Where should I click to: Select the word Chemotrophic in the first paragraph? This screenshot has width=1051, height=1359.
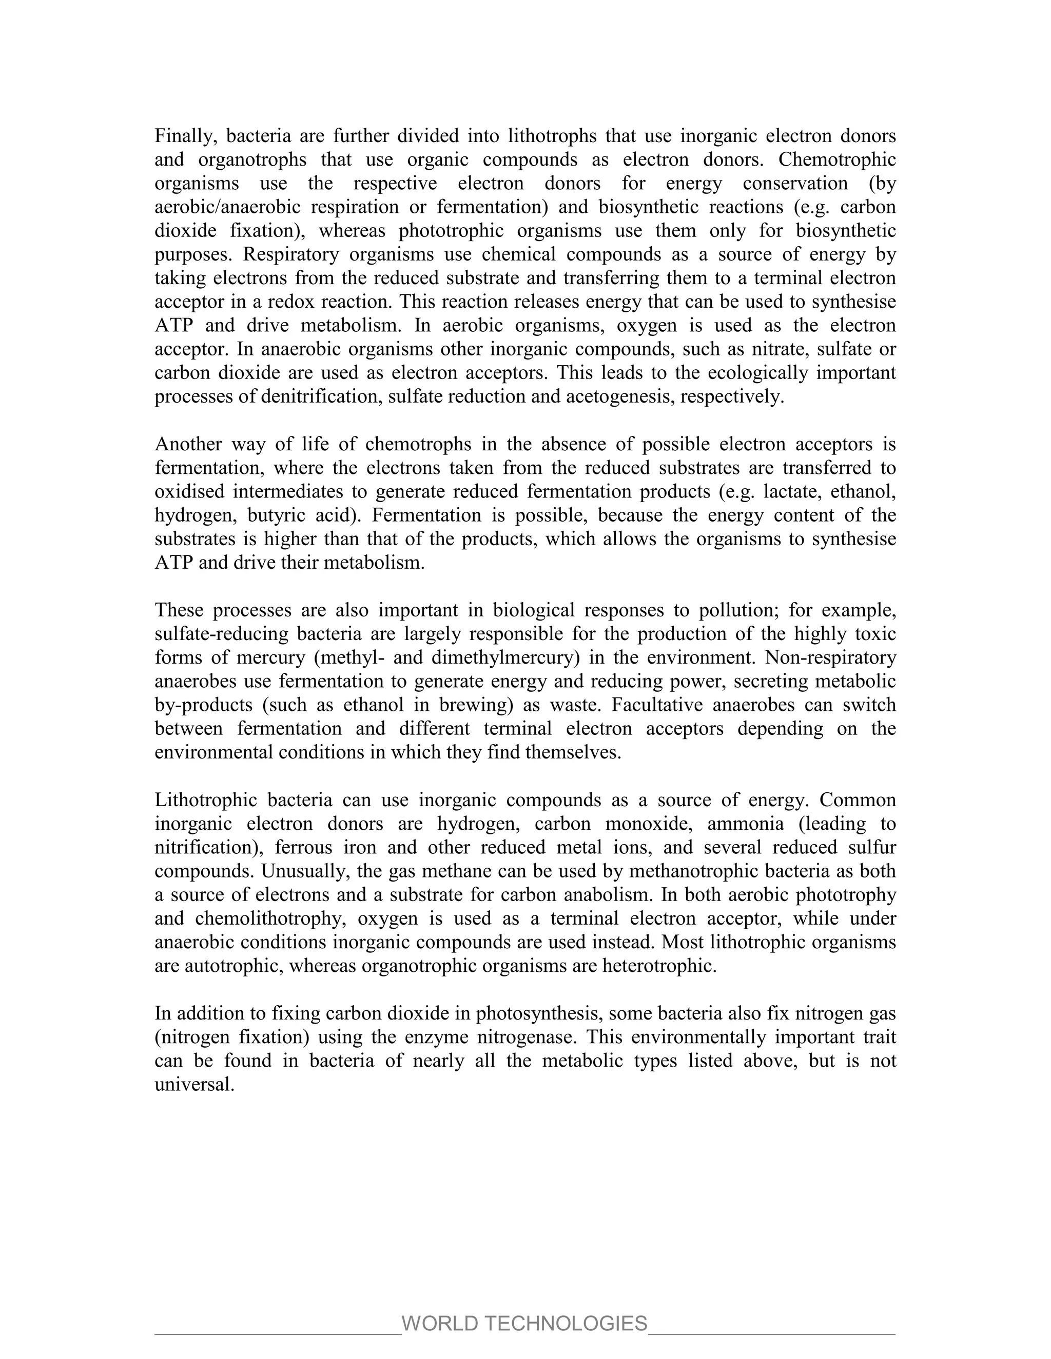[x=837, y=160]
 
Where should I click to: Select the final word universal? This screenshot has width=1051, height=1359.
[x=194, y=1085]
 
